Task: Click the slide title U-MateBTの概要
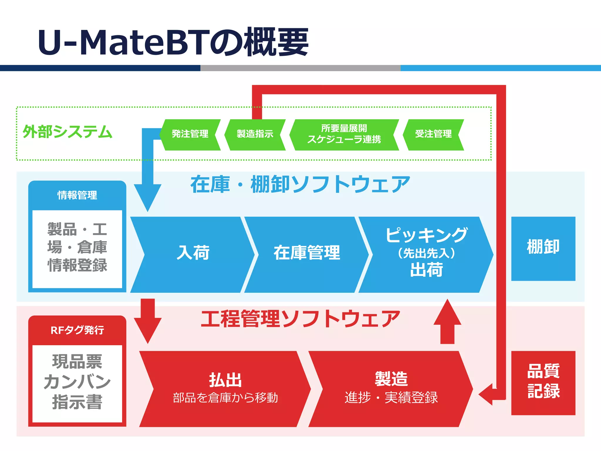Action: pyautogui.click(x=173, y=42)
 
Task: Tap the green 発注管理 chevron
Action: pyautogui.click(x=190, y=134)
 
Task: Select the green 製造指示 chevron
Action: pyautogui.click(x=255, y=134)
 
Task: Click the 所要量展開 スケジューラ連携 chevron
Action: pyautogui.click(x=344, y=134)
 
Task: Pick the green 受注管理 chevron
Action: pyautogui.click(x=433, y=134)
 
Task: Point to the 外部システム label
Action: pyautogui.click(x=67, y=132)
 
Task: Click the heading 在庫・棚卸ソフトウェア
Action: pyautogui.click(x=300, y=184)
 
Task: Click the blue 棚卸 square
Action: pyautogui.click(x=543, y=248)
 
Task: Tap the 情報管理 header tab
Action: pyautogui.click(x=77, y=195)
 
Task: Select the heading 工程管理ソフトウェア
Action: pyautogui.click(x=300, y=319)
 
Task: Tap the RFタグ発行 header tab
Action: pyautogui.click(x=77, y=330)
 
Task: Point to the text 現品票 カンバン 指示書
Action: pyautogui.click(x=77, y=382)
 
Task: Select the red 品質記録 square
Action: pyautogui.click(x=543, y=382)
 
